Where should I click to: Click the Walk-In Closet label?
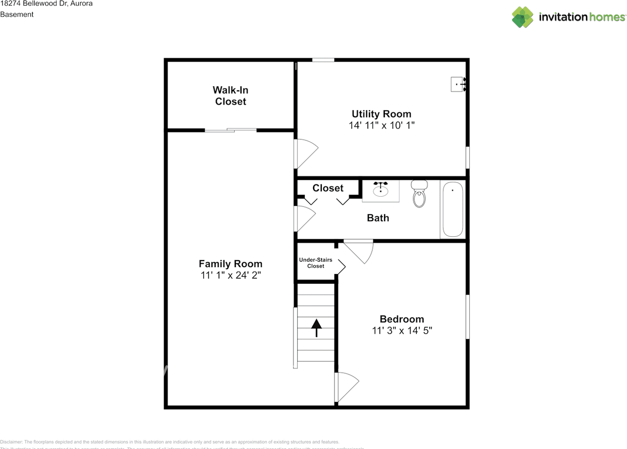pos(230,96)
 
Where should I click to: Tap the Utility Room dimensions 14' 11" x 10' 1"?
pos(382,125)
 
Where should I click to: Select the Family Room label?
pos(230,264)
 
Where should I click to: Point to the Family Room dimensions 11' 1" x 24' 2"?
pos(230,275)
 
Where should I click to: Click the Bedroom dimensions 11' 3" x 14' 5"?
pos(402,331)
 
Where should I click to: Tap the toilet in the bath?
pos(419,194)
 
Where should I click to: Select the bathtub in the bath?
pos(453,209)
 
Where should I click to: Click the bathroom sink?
pos(381,189)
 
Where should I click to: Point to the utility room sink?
pos(458,85)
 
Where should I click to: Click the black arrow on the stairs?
pos(316,327)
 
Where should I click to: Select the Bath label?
pos(378,218)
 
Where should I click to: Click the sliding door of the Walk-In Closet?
pos(231,130)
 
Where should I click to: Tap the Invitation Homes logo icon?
pos(523,17)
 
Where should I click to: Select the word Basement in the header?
pos(17,15)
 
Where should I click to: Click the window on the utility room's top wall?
pos(323,60)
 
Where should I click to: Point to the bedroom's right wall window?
pos(467,316)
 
